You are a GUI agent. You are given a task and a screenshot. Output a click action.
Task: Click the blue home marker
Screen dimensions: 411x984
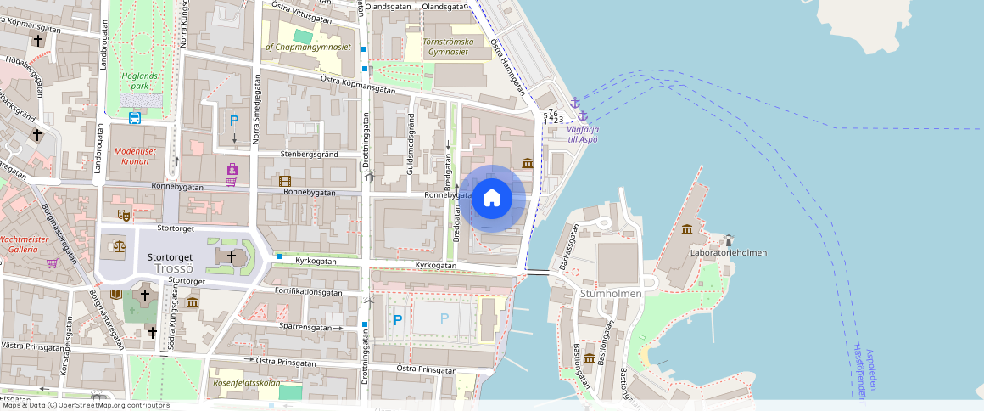coord(492,199)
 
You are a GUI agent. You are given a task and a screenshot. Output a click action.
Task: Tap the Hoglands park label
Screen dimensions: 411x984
coord(139,81)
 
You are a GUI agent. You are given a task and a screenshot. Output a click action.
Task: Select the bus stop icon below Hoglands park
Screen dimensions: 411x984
coord(135,118)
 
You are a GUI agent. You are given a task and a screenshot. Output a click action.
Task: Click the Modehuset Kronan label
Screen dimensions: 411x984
coord(131,155)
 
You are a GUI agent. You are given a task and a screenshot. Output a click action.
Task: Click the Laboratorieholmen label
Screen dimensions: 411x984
coord(728,252)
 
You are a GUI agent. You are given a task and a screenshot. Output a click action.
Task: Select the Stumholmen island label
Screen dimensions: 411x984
coord(611,293)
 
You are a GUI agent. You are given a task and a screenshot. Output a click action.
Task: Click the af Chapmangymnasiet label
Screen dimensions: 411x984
coord(308,48)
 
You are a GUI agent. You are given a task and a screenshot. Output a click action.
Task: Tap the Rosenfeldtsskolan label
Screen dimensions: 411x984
coord(246,382)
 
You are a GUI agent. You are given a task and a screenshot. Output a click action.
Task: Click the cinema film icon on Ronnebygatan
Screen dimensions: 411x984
coord(285,180)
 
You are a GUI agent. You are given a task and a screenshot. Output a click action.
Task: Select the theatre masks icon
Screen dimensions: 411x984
coord(123,216)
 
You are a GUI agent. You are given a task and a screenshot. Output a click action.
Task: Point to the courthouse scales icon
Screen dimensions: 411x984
coord(118,247)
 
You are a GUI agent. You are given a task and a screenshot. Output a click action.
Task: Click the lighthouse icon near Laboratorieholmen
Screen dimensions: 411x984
coord(727,239)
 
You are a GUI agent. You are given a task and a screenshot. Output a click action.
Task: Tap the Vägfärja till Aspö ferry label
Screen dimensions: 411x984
coord(582,134)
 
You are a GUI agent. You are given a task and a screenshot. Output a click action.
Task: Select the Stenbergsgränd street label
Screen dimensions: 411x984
coord(309,155)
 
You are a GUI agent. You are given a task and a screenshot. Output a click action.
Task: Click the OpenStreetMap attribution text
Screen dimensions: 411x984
coord(85,405)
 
